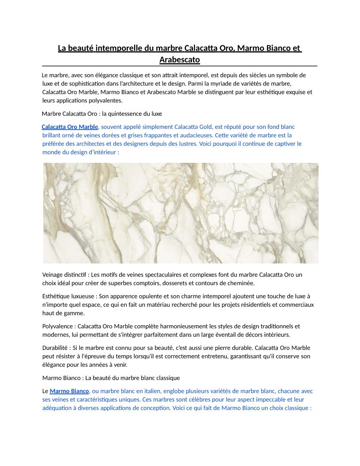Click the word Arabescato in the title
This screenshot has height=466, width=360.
[180, 60]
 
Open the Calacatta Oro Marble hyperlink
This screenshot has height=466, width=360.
[70, 127]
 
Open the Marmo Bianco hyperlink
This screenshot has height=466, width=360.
[69, 391]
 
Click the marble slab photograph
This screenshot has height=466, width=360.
[180, 213]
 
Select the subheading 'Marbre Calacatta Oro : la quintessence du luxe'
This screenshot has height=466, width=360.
[102, 114]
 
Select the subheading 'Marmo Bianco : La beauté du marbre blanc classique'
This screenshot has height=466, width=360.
[111, 378]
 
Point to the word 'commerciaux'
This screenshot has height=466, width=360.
[296, 305]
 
